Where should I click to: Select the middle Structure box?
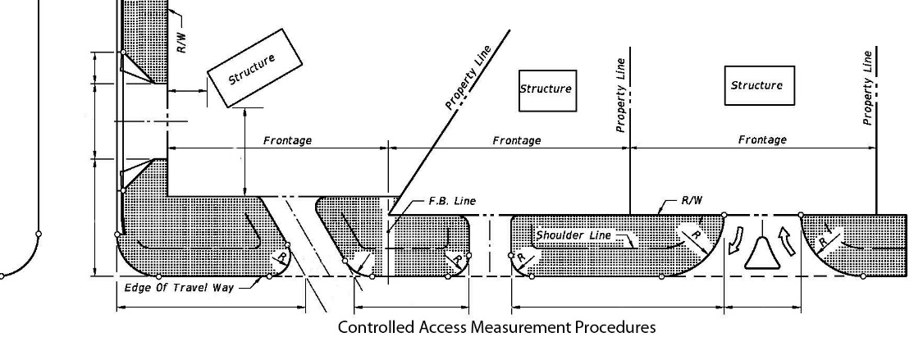(546, 89)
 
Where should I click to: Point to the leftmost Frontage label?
(287, 140)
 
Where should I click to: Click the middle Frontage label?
(516, 140)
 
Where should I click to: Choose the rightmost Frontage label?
(762, 139)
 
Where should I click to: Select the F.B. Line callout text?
(452, 201)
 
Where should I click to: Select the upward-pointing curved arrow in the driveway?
(788, 243)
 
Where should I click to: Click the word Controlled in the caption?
(374, 328)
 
